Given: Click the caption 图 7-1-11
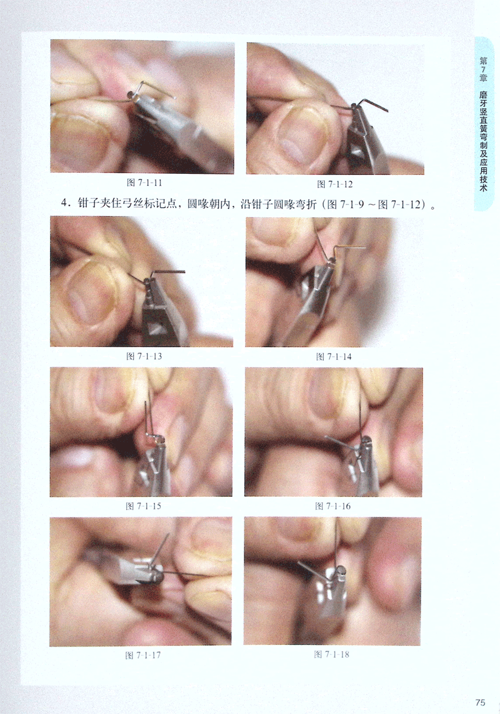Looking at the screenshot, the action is coord(145,183).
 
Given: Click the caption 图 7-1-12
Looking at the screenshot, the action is coord(335,184).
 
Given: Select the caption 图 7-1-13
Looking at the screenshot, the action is coord(144,356).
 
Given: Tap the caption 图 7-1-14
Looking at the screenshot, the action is coord(334,356).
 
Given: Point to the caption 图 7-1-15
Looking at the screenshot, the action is coord(143,506).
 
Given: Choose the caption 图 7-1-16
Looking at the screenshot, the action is coord(333,506).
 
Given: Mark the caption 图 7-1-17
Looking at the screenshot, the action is coord(143,655).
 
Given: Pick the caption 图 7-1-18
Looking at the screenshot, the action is coord(332,654).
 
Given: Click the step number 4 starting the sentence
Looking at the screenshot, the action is coord(65,204).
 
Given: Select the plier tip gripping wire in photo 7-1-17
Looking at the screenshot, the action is coord(156,572).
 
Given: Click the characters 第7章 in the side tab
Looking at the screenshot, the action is coord(483,69).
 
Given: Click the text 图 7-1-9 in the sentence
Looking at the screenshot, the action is coord(346,204).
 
